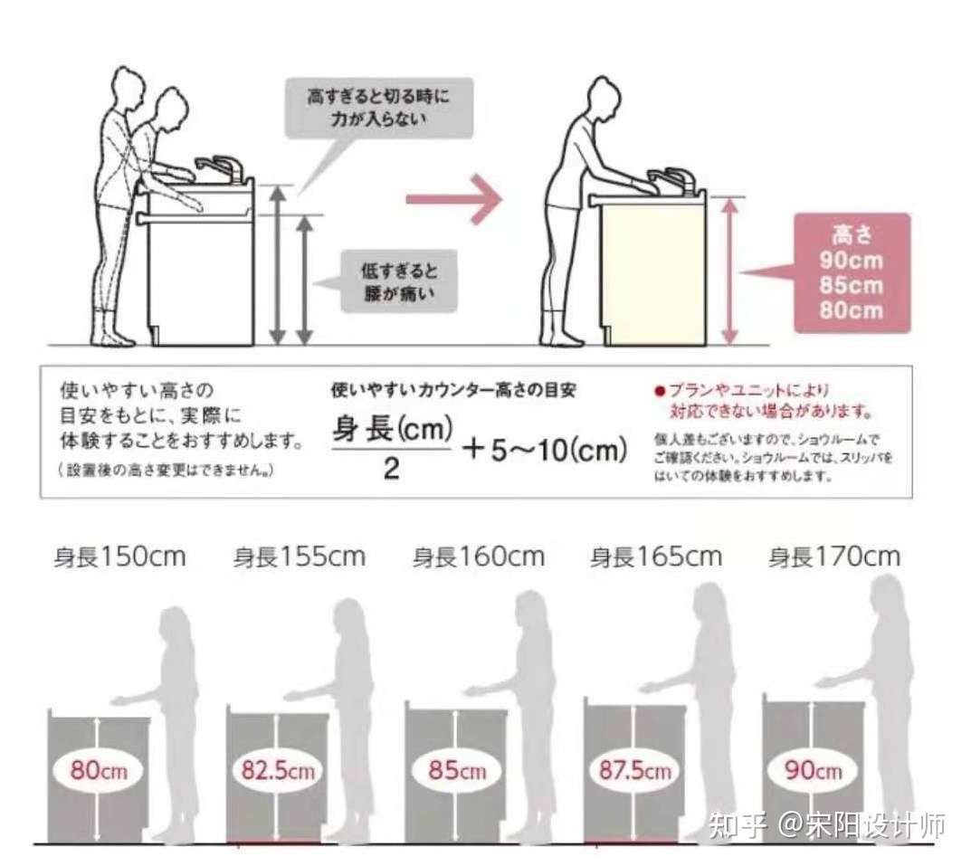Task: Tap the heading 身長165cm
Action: (x=656, y=556)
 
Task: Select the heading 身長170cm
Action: (x=834, y=556)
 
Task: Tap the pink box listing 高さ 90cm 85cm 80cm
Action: (x=851, y=272)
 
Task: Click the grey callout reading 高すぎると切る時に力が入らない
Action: (x=378, y=106)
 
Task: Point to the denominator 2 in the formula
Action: (x=391, y=471)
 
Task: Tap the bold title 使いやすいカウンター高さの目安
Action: (x=454, y=392)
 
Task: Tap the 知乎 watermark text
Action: (x=738, y=825)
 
